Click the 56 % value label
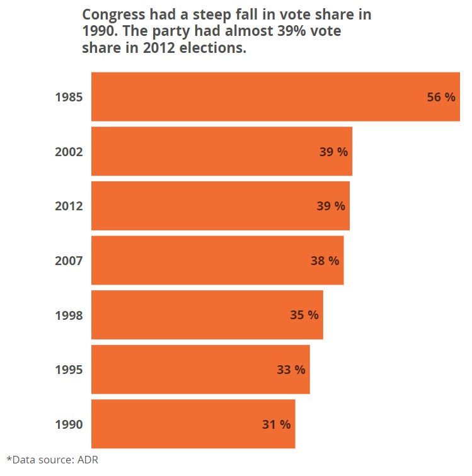441,97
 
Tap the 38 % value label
325,261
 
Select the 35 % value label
304,315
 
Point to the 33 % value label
291,370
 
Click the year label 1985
69,98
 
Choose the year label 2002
69,152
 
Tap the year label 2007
69,261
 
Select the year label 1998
69,315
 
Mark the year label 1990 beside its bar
69,424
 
